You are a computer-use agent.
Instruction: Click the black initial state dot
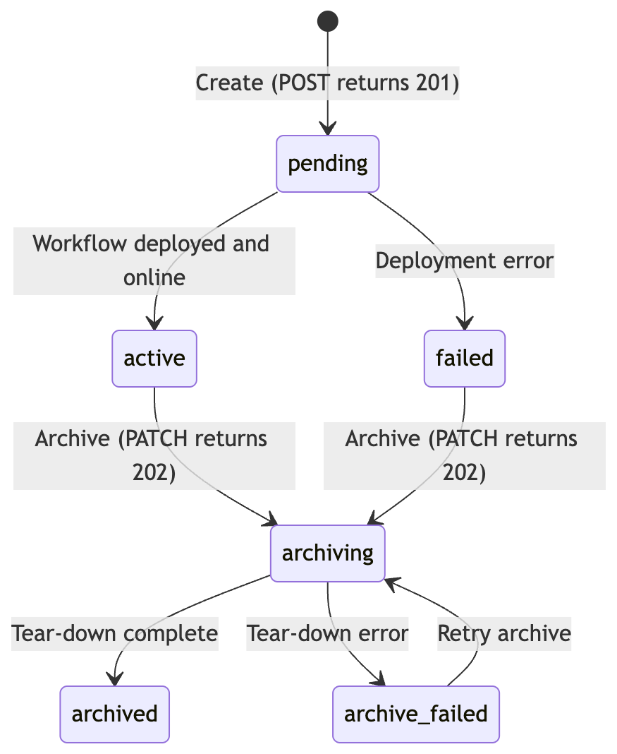[328, 21]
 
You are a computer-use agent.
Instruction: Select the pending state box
[328, 164]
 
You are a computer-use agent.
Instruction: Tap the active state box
[154, 359]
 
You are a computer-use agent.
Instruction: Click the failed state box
[465, 359]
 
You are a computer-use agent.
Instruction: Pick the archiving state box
[328, 553]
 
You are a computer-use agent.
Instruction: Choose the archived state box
[115, 714]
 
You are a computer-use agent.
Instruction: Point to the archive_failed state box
[416, 714]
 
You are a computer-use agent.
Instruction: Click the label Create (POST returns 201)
[327, 83]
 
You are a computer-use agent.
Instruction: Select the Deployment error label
[465, 261]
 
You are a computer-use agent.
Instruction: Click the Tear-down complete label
[115, 634]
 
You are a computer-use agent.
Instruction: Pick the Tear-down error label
[327, 634]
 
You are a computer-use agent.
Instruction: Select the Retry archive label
[504, 634]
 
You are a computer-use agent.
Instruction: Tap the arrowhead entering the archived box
[115, 679]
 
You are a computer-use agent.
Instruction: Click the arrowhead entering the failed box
[465, 323]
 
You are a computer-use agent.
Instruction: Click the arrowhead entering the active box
[154, 323]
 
